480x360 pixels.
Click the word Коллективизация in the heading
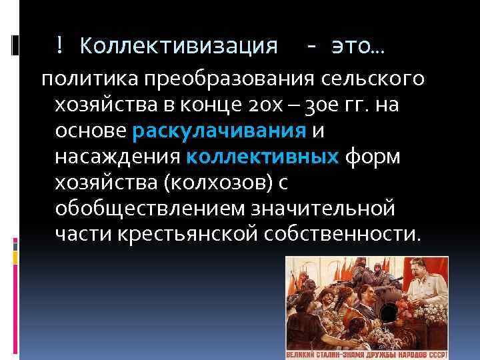[x=179, y=45]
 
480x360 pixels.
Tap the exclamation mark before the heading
[x=60, y=45]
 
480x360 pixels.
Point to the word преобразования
[x=225, y=79]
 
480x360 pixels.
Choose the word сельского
[x=367, y=79]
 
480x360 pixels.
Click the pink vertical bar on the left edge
[x=15, y=243]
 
